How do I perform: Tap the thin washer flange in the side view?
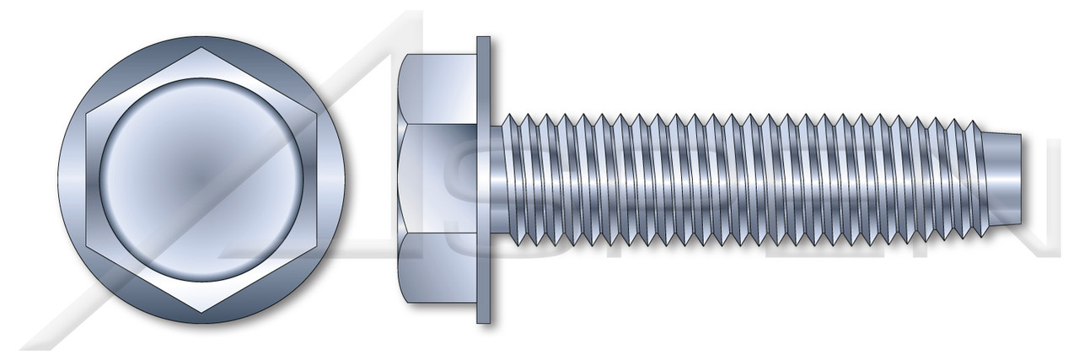(483, 180)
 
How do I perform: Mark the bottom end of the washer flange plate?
(483, 319)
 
